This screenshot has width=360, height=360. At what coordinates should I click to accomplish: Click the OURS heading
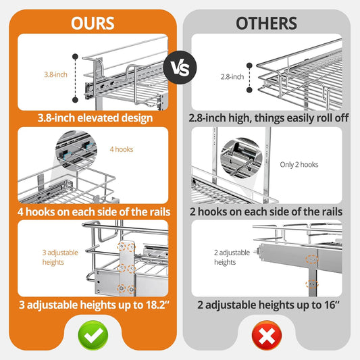click(93, 22)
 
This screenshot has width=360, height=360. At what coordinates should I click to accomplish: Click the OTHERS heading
click(266, 22)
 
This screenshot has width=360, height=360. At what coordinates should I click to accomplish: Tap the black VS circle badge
click(180, 68)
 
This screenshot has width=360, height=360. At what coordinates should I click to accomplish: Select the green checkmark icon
click(93, 333)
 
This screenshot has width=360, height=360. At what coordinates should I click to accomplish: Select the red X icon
click(266, 333)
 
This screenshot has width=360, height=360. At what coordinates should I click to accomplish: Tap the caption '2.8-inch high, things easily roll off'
click(266, 118)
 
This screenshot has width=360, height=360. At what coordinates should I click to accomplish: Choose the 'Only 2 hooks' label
click(299, 164)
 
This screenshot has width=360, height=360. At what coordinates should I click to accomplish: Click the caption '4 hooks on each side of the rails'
click(93, 211)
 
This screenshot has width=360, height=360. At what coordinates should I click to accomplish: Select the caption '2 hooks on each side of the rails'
click(266, 211)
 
